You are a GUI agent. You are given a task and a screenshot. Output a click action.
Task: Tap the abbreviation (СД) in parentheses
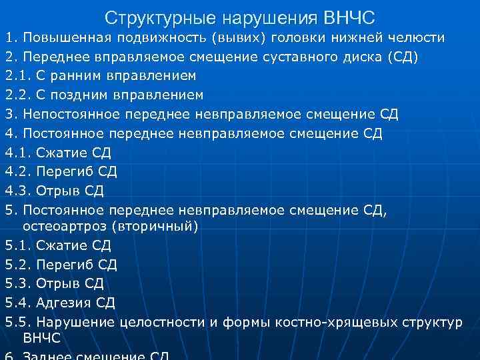click(x=403, y=57)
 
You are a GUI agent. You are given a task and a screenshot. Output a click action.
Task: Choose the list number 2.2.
click(x=17, y=95)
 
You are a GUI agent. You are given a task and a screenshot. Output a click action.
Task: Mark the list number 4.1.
click(x=17, y=153)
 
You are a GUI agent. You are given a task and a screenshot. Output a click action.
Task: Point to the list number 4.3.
click(x=17, y=191)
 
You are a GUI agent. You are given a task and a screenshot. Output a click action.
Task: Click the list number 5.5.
click(x=17, y=322)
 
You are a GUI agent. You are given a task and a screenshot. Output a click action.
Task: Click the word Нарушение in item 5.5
click(x=75, y=322)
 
